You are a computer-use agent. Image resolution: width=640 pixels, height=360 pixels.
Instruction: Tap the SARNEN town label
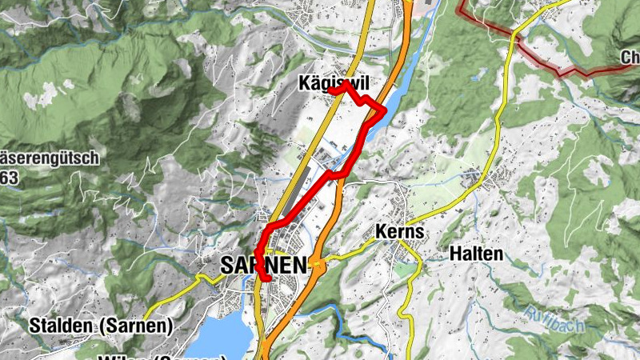(x=264, y=264)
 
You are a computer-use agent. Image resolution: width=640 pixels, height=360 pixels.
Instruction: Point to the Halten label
(x=477, y=254)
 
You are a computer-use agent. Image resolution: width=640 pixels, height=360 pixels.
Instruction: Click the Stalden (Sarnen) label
(x=101, y=326)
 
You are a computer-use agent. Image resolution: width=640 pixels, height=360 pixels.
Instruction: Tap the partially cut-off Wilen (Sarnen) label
(x=160, y=356)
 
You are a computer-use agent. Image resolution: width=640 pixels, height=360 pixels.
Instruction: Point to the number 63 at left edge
(x=9, y=178)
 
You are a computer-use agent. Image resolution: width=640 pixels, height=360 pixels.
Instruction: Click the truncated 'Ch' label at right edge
(x=630, y=58)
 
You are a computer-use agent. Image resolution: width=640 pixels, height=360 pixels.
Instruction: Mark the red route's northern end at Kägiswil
(x=330, y=92)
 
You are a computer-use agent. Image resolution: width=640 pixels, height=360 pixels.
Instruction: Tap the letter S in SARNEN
(x=230, y=264)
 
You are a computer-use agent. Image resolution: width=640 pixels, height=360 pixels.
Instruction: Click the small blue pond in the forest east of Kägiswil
(x=478, y=78)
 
